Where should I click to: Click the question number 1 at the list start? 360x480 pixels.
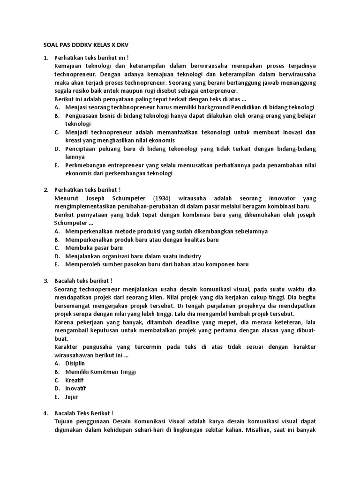tap(45, 58)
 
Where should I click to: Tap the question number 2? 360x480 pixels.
tap(45, 190)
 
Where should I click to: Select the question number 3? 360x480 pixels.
tap(45, 281)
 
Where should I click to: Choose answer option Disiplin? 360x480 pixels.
tap(75, 363)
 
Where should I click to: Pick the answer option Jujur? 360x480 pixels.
tap(72, 397)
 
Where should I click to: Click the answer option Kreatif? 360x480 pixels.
tap(74, 380)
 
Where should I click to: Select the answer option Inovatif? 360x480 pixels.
tap(76, 388)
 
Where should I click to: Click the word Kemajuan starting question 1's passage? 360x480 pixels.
tap(69, 66)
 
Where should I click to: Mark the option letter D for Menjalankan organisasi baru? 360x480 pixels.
tap(57, 256)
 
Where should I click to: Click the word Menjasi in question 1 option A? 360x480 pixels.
tap(78, 107)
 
